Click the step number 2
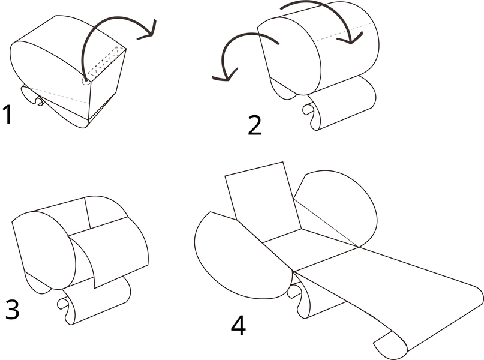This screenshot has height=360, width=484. tap(255, 125)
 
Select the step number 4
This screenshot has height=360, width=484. tap(238, 326)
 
